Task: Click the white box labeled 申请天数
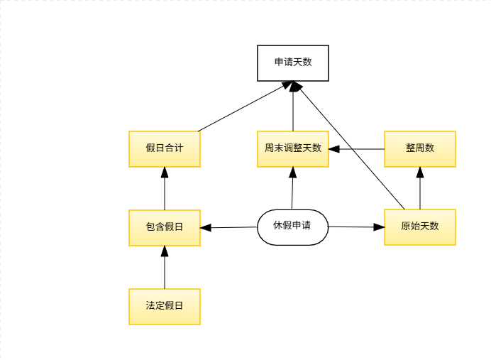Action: pos(292,62)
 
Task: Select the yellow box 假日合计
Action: pos(164,148)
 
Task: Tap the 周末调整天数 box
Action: pos(292,148)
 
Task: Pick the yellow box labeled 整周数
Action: pos(419,148)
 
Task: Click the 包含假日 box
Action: pos(164,227)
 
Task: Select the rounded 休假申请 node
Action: pos(292,227)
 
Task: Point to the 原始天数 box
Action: pos(419,227)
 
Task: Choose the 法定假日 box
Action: pos(164,306)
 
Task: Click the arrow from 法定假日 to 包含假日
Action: pos(164,268)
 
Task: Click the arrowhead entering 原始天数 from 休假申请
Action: pos(379,227)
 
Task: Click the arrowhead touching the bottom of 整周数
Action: pos(419,173)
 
